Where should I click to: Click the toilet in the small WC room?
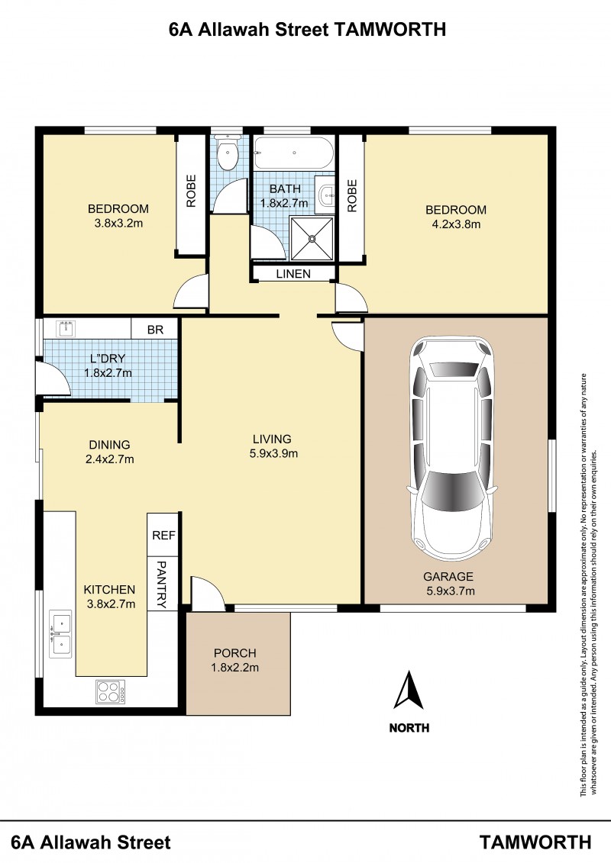[x=226, y=153]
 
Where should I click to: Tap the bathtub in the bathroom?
[x=293, y=153]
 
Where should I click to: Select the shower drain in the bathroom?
[x=312, y=239]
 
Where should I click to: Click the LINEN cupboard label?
[x=293, y=273]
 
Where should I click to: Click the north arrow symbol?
[x=409, y=690]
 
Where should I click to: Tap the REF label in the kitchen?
[x=163, y=535]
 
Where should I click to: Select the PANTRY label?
[x=162, y=584]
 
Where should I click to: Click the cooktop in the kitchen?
[x=110, y=692]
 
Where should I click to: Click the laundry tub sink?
[x=68, y=329]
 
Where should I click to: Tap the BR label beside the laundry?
[x=155, y=330]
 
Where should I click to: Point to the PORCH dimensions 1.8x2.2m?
[x=234, y=668]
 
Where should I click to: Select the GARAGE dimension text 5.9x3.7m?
[x=450, y=591]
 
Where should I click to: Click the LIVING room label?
[x=272, y=440]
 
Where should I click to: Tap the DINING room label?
[x=110, y=445]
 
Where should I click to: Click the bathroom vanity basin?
[x=325, y=192]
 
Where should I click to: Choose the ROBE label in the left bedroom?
[x=191, y=191]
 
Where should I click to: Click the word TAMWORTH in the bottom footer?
[x=535, y=842]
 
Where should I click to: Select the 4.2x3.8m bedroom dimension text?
[x=456, y=224]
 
